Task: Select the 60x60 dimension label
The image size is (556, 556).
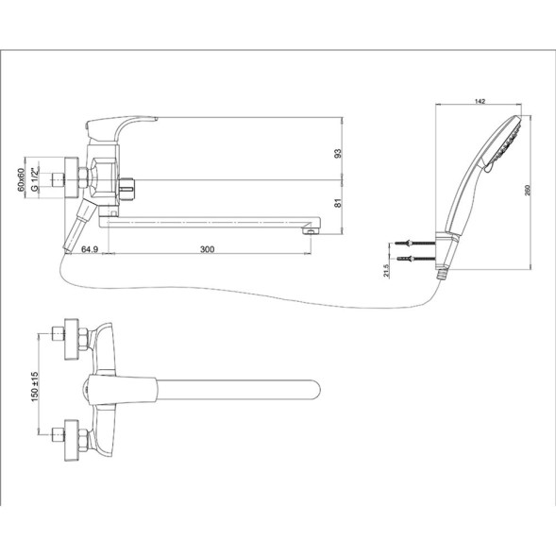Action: [21, 178]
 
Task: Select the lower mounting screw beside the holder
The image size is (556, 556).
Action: [410, 258]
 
